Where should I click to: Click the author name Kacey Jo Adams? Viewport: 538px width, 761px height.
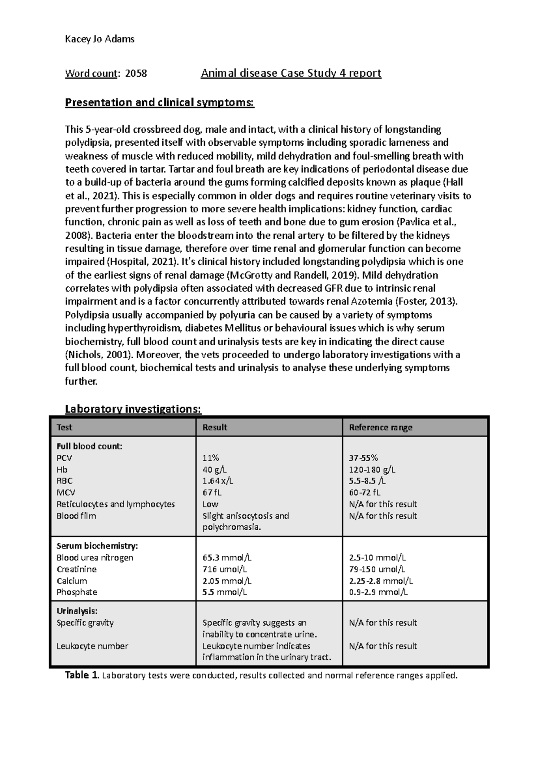pos(100,39)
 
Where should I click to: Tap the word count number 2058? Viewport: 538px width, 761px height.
pos(136,74)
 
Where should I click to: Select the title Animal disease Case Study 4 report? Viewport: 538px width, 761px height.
pos(291,73)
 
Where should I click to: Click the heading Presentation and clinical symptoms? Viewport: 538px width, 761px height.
pos(160,103)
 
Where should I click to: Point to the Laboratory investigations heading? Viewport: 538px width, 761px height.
pos(133,409)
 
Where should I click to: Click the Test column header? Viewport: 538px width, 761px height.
pos(65,427)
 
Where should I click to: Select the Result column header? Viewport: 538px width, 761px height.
pos(215,427)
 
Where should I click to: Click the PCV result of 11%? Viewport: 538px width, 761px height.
pos(211,458)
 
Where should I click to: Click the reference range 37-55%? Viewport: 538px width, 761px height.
pos(364,458)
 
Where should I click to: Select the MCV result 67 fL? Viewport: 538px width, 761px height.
pos(213,493)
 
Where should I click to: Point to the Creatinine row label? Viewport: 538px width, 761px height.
pos(77,569)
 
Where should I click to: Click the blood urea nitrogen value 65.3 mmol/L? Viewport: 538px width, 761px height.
pos(227,558)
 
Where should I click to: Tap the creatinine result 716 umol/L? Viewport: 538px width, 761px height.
pos(225,569)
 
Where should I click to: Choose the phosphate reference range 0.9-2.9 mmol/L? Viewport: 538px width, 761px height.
pos(378,592)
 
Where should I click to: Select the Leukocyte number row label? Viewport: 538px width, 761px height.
pos(92,646)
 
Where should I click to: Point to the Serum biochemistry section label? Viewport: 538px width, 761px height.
pos(97,546)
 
